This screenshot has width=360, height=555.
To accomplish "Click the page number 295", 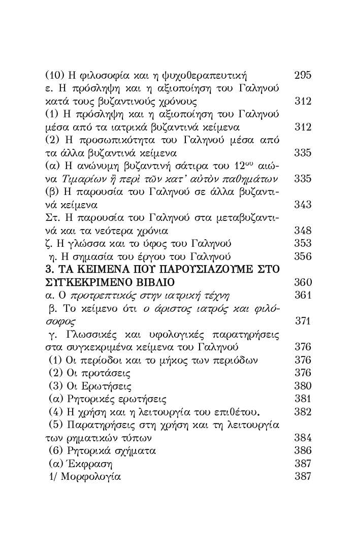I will tap(303, 76).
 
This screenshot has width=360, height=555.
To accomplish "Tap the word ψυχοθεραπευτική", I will tap(210, 76).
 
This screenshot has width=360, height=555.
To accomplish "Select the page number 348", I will tap(303, 231).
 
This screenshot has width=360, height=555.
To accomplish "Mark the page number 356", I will tap(303, 256).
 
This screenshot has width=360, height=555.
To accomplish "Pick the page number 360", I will tap(303, 282).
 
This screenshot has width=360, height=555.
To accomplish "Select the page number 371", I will tap(303, 321).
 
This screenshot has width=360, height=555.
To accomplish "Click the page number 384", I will tap(303, 438).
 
